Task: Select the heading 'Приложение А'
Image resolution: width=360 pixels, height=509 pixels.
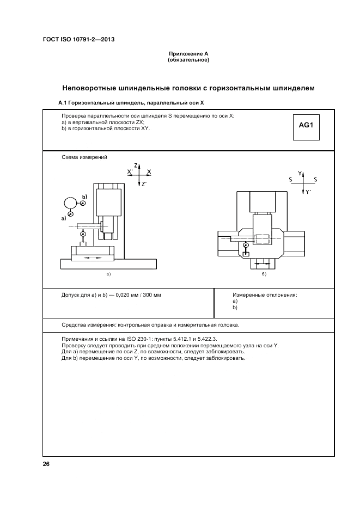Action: point(188,54)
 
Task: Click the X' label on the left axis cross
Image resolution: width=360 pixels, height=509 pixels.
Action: point(130,171)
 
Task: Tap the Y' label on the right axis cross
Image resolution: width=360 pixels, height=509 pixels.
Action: point(308,192)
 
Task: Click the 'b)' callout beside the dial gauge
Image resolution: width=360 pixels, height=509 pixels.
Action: point(84,196)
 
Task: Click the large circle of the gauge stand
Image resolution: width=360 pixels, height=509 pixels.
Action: point(71,204)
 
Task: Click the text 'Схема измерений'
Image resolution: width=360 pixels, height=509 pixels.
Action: point(84,157)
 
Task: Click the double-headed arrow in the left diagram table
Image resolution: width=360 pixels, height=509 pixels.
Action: point(93,256)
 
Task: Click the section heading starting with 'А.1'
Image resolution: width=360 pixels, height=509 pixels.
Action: point(131,102)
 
